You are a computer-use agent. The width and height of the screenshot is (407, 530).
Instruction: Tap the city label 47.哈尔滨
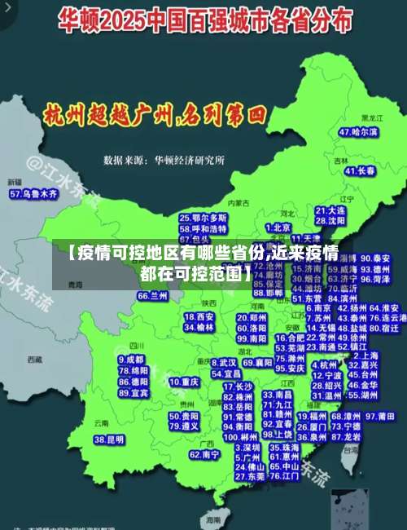[x=358, y=131]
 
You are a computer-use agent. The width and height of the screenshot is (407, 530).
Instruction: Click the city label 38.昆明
[x=109, y=439]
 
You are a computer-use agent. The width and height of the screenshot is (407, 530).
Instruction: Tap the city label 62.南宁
[x=204, y=454]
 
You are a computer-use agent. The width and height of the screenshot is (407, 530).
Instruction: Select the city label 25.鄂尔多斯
[x=203, y=219]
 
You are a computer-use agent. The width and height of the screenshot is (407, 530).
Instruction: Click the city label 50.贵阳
[x=183, y=416]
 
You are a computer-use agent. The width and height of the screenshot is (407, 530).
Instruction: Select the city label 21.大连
[x=330, y=210]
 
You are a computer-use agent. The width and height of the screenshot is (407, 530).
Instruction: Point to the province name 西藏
[x=34, y=359]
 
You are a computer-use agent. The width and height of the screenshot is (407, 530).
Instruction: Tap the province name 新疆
[x=15, y=182]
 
